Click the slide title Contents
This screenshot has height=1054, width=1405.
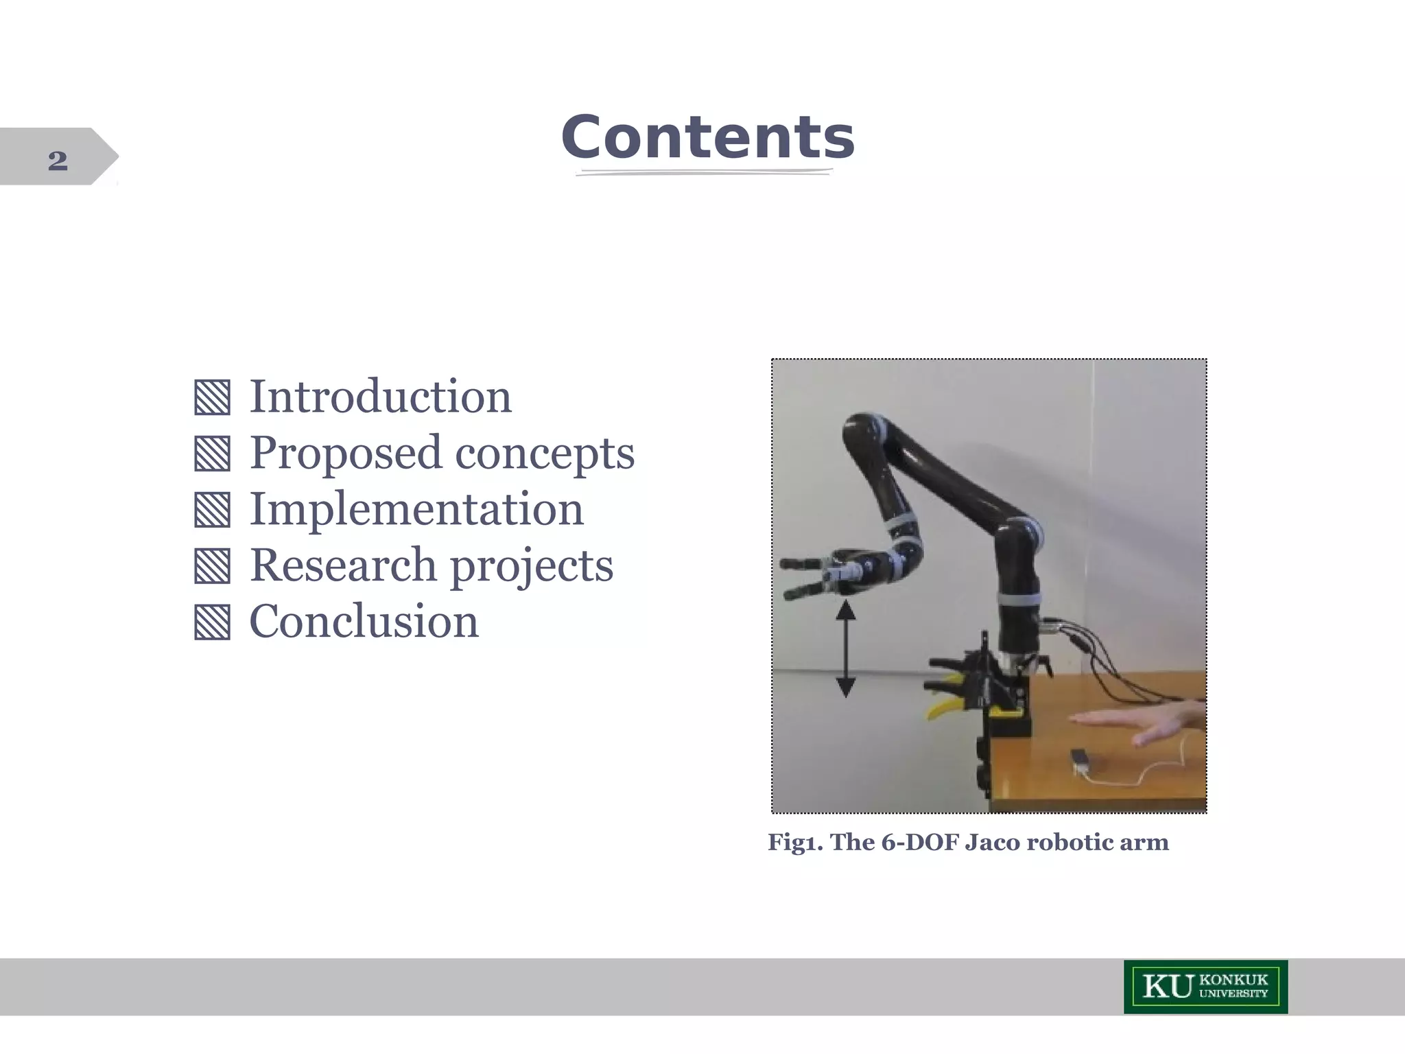click(x=707, y=137)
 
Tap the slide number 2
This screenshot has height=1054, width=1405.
click(x=58, y=161)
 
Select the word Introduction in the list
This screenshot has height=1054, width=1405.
click(x=380, y=397)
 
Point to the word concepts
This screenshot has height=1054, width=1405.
click(x=545, y=453)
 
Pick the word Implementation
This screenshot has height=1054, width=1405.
click(x=416, y=509)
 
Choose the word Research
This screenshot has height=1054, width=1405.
click(x=343, y=565)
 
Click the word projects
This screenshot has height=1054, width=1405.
click(x=532, y=567)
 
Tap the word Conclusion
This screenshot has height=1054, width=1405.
click(x=364, y=622)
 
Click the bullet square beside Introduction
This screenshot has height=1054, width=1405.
click(x=212, y=398)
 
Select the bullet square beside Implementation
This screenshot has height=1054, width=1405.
click(x=212, y=511)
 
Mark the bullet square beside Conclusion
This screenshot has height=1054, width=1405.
click(x=212, y=622)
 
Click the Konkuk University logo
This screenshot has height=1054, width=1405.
click(x=1205, y=987)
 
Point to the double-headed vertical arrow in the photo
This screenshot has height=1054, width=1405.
click(x=846, y=648)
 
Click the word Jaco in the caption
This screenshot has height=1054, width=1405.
click(x=992, y=842)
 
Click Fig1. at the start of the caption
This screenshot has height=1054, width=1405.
click(x=795, y=843)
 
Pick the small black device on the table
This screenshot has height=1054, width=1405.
click(x=1080, y=759)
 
